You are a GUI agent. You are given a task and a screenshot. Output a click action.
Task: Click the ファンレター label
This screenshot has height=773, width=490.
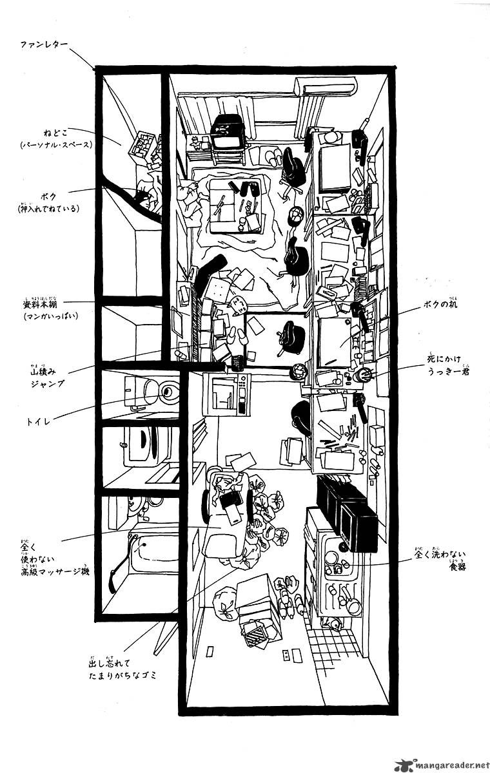pyautogui.click(x=44, y=46)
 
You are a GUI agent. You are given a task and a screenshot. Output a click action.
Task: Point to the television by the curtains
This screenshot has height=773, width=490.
pyautogui.click(x=228, y=133)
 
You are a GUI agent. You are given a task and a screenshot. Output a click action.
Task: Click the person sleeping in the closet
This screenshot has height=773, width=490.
pyautogui.click(x=145, y=198)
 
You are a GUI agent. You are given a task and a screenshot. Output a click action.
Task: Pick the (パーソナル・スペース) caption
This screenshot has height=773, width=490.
pyautogui.click(x=55, y=144)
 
